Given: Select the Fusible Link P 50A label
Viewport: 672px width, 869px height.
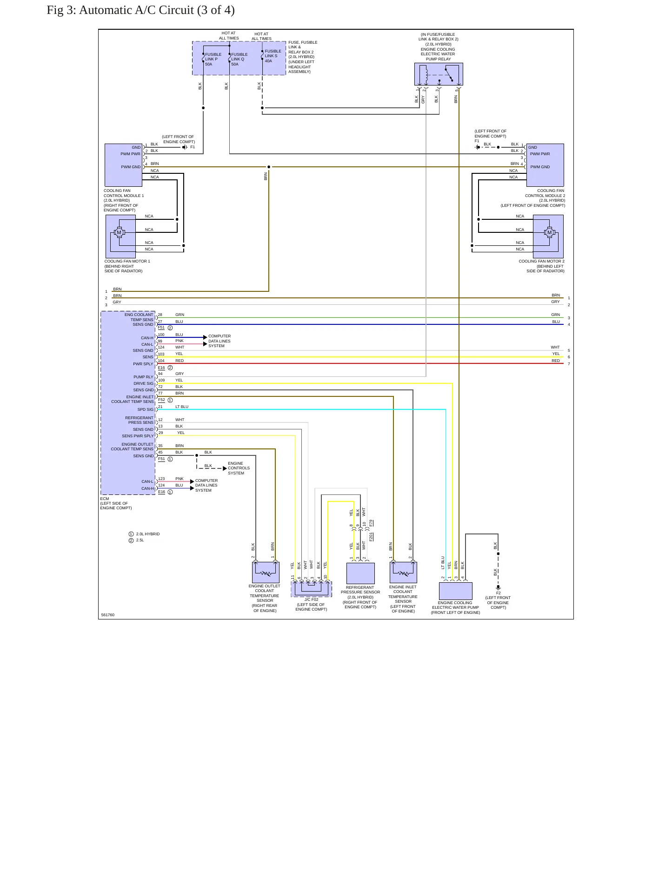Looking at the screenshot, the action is pyautogui.click(x=213, y=59).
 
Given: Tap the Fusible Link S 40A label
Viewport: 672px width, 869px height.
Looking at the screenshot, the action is pyautogui.click(x=273, y=56).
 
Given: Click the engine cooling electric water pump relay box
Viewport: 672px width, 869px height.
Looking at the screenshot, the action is pyautogui.click(x=439, y=74).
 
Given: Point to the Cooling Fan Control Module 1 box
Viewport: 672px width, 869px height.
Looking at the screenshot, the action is pyautogui.click(x=124, y=165).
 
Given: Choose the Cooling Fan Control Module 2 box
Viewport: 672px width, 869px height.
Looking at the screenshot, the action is pyautogui.click(x=545, y=165).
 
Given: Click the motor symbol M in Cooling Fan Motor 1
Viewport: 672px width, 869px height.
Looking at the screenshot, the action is pyautogui.click(x=119, y=232).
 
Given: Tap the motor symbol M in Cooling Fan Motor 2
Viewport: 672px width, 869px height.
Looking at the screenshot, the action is pyautogui.click(x=549, y=232).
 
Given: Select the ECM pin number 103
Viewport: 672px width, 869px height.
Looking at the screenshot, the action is pyautogui.click(x=161, y=354).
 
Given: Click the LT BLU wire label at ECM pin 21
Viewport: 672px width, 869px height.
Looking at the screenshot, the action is pyautogui.click(x=182, y=407).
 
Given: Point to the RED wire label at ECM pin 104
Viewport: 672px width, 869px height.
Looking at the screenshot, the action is pyautogui.click(x=180, y=361).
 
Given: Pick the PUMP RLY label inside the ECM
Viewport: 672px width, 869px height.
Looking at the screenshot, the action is pyautogui.click(x=143, y=377).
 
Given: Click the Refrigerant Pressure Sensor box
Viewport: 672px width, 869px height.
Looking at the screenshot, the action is pyautogui.click(x=360, y=573).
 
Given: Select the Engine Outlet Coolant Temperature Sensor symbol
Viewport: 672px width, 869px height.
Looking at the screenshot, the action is pyautogui.click(x=266, y=573).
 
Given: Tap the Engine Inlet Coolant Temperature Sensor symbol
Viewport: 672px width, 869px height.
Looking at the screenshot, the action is pyautogui.click(x=403, y=573).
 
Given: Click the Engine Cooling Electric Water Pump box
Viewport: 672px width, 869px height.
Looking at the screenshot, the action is pyautogui.click(x=456, y=591).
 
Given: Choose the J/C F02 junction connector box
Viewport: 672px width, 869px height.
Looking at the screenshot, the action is pyautogui.click(x=312, y=589).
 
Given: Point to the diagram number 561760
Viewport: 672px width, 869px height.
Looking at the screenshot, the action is pyautogui.click(x=108, y=615).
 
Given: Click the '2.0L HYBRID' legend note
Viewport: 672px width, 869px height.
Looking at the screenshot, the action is pyautogui.click(x=148, y=534).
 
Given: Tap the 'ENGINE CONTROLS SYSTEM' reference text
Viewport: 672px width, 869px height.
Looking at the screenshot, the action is pyautogui.click(x=239, y=468).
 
